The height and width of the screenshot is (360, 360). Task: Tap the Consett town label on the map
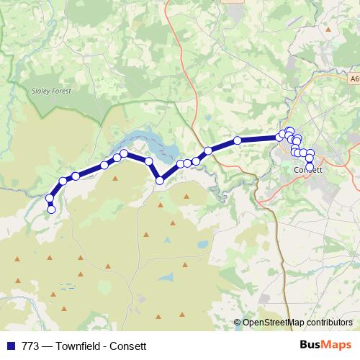(x=310, y=170)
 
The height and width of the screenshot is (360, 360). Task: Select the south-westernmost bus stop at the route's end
(x=51, y=210)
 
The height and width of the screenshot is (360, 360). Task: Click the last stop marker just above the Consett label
(x=310, y=166)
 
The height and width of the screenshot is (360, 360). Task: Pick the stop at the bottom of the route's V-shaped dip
(x=160, y=181)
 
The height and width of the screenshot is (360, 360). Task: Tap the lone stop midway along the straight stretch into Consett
(x=237, y=140)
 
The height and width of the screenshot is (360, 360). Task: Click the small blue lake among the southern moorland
(x=166, y=276)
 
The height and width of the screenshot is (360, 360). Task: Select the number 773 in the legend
(x=30, y=346)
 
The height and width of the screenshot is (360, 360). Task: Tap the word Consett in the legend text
(x=130, y=346)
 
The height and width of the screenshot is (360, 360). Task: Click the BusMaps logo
(x=326, y=345)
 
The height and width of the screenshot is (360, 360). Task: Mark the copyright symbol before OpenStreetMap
(x=238, y=323)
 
